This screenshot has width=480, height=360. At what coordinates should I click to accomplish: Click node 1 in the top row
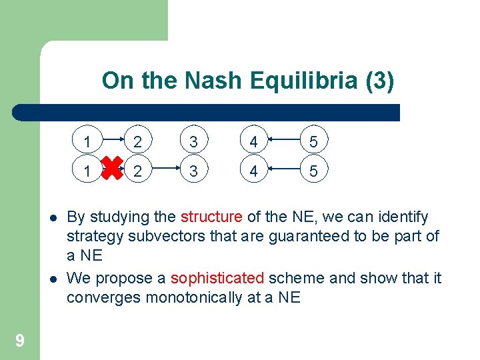click(87, 141)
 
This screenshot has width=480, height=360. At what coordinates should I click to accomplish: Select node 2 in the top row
click(137, 141)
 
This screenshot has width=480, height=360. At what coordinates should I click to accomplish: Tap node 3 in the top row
click(193, 141)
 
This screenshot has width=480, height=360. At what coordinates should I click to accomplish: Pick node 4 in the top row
click(254, 141)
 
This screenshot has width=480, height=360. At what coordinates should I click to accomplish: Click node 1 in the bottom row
click(87, 171)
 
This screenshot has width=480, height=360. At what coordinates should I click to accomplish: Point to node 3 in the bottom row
click(193, 171)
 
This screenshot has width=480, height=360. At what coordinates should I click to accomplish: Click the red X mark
click(112, 171)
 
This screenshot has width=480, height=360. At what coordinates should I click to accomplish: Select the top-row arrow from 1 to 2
click(112, 141)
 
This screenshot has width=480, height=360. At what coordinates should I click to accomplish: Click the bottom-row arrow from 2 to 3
click(165, 171)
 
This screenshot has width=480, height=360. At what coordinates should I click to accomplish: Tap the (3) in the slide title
click(380, 81)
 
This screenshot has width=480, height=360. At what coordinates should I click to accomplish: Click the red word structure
click(211, 217)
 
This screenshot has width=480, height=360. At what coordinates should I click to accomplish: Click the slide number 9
click(20, 341)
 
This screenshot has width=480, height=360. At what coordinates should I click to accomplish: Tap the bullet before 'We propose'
click(53, 278)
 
